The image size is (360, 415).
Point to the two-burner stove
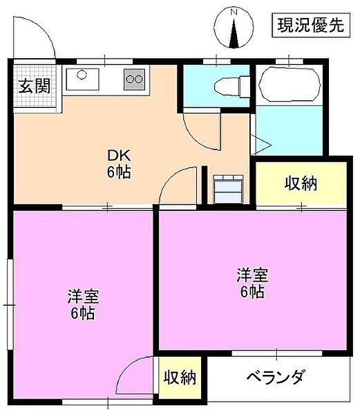click(134, 79)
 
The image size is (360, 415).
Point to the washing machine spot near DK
click(228, 188)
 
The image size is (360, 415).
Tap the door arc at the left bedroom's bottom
click(135, 377)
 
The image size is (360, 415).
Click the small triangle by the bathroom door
click(261, 145)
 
